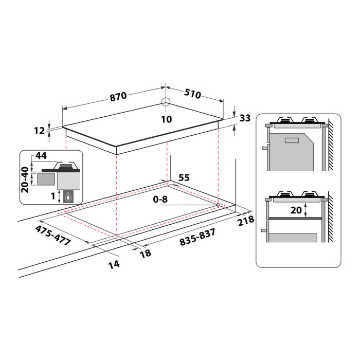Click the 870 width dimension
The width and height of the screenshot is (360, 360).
click(x=119, y=96)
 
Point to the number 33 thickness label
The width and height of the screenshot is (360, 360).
click(x=245, y=118)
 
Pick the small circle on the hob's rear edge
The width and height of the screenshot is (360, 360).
click(x=167, y=102)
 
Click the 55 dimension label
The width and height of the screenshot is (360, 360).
click(x=184, y=177)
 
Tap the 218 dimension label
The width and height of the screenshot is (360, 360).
click(x=247, y=221)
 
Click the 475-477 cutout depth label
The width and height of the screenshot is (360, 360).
click(x=53, y=234)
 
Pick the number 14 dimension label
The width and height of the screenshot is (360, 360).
click(x=114, y=264)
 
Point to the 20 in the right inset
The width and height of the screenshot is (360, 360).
click(x=296, y=210)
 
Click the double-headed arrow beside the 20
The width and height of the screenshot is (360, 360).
click(x=307, y=210)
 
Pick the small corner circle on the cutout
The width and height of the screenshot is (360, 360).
click(x=218, y=205)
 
